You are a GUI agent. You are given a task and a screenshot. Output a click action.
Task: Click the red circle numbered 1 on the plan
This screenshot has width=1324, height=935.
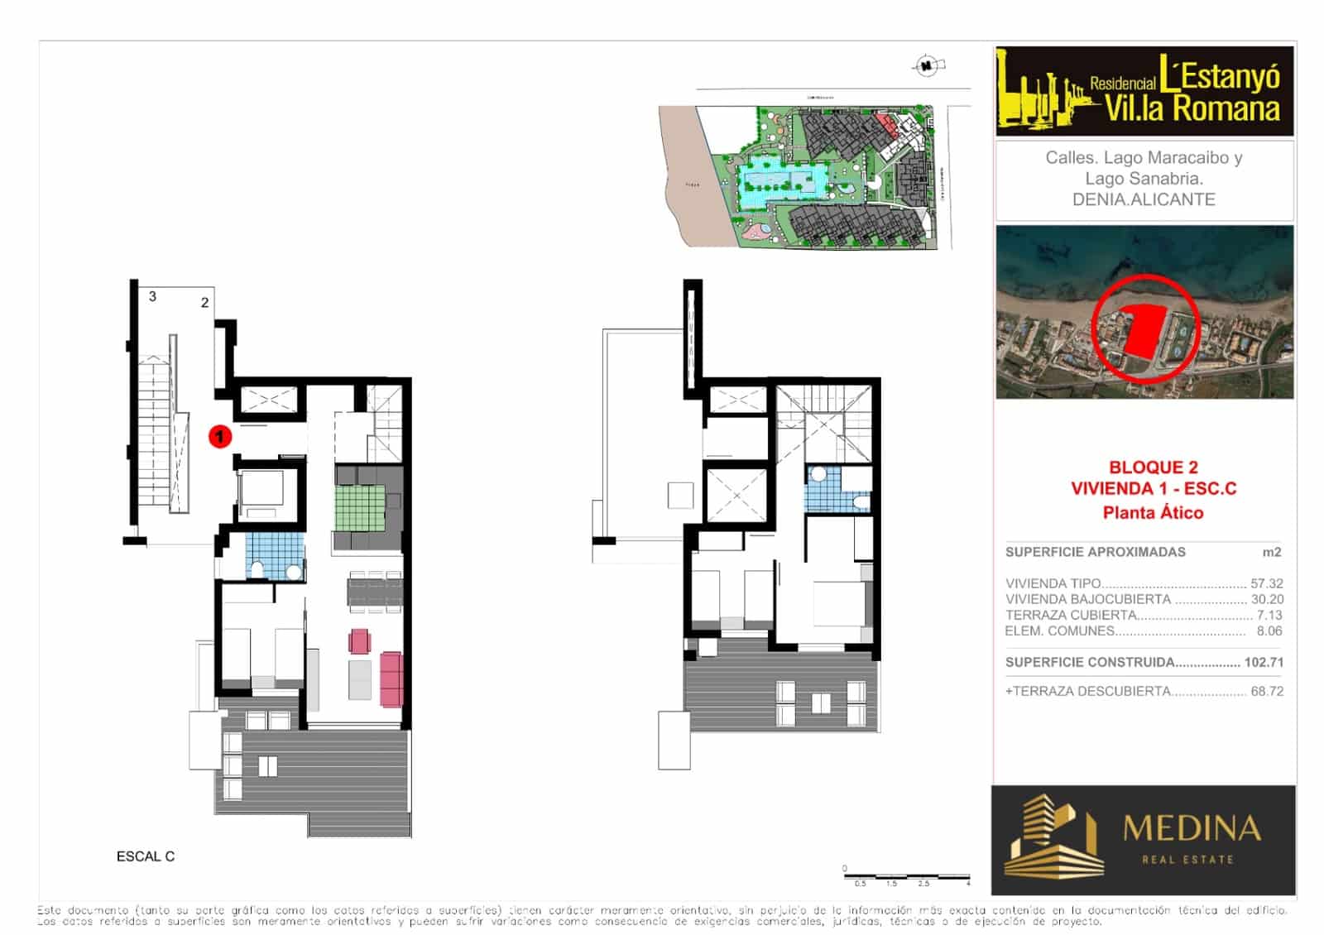(x=219, y=435)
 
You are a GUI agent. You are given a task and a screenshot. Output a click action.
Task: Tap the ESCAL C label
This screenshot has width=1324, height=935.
(x=146, y=856)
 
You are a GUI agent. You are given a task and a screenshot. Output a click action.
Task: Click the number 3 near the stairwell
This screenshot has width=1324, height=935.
(x=152, y=296)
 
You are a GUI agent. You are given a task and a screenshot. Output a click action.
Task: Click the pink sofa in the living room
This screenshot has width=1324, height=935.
(x=391, y=679)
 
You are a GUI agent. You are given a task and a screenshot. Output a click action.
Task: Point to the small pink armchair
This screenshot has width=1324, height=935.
(x=360, y=640)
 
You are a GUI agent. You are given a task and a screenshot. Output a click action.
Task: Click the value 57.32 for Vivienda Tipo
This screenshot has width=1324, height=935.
(x=1266, y=583)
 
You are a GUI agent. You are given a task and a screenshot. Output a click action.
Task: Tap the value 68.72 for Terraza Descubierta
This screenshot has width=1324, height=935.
(x=1266, y=691)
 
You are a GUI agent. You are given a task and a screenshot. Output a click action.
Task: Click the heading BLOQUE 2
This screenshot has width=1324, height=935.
(x=1153, y=467)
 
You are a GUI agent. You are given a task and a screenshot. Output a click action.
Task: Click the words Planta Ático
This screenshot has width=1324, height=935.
(x=1153, y=512)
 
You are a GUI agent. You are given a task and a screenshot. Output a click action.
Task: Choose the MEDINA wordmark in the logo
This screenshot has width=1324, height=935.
(x=1192, y=828)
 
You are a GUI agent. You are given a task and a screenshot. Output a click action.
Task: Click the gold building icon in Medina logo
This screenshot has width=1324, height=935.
(x=1048, y=836)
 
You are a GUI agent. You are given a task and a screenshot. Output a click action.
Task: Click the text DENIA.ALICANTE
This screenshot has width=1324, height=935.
(x=1144, y=199)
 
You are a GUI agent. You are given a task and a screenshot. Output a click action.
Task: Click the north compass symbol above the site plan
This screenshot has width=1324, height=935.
(x=928, y=65)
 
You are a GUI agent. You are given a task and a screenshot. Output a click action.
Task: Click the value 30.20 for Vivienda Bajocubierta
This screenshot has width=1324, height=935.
(x=1266, y=599)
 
